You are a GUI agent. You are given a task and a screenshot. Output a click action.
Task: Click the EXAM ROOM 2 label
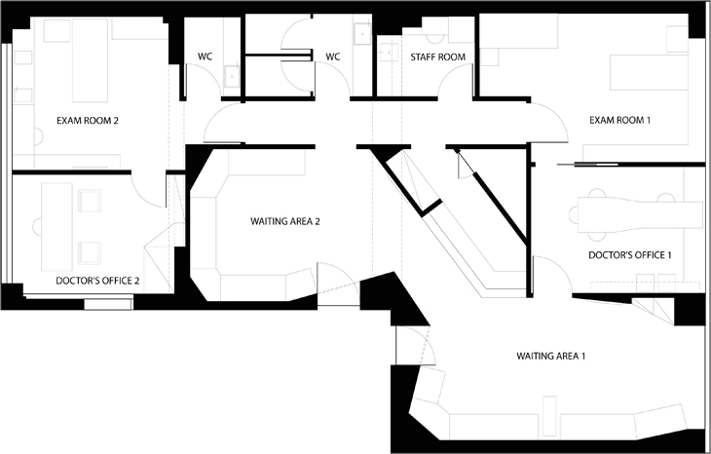click(88, 121)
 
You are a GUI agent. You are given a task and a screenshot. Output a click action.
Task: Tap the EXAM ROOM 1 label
click(619, 120)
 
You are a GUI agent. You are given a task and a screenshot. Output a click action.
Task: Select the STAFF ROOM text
click(438, 57)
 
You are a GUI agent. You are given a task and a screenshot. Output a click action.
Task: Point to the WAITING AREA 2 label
click(285, 221)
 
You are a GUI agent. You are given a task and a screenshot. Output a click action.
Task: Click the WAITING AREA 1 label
click(551, 356)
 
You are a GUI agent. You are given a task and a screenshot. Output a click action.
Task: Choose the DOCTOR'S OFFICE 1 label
click(630, 255)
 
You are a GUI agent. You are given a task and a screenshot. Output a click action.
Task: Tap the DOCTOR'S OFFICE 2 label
click(97, 281)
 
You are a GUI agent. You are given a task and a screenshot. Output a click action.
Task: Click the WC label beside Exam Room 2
click(205, 57)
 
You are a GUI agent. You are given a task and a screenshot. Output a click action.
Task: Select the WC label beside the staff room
click(333, 57)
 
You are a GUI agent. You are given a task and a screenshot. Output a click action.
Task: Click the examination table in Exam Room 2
click(91, 60)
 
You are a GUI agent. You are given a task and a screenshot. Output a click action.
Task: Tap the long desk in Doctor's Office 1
click(639, 214)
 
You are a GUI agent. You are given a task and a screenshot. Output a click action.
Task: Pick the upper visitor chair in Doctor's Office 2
click(90, 201)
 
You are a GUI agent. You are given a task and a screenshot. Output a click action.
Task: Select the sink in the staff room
click(389, 53)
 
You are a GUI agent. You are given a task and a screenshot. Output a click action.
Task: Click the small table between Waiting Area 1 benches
click(549, 416)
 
